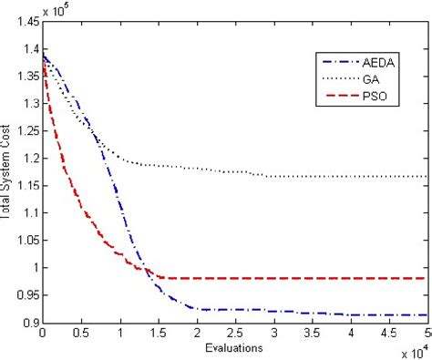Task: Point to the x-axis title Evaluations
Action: [x=233, y=347]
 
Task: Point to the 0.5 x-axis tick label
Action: [x=81, y=334]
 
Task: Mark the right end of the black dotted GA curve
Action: [x=428, y=177]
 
